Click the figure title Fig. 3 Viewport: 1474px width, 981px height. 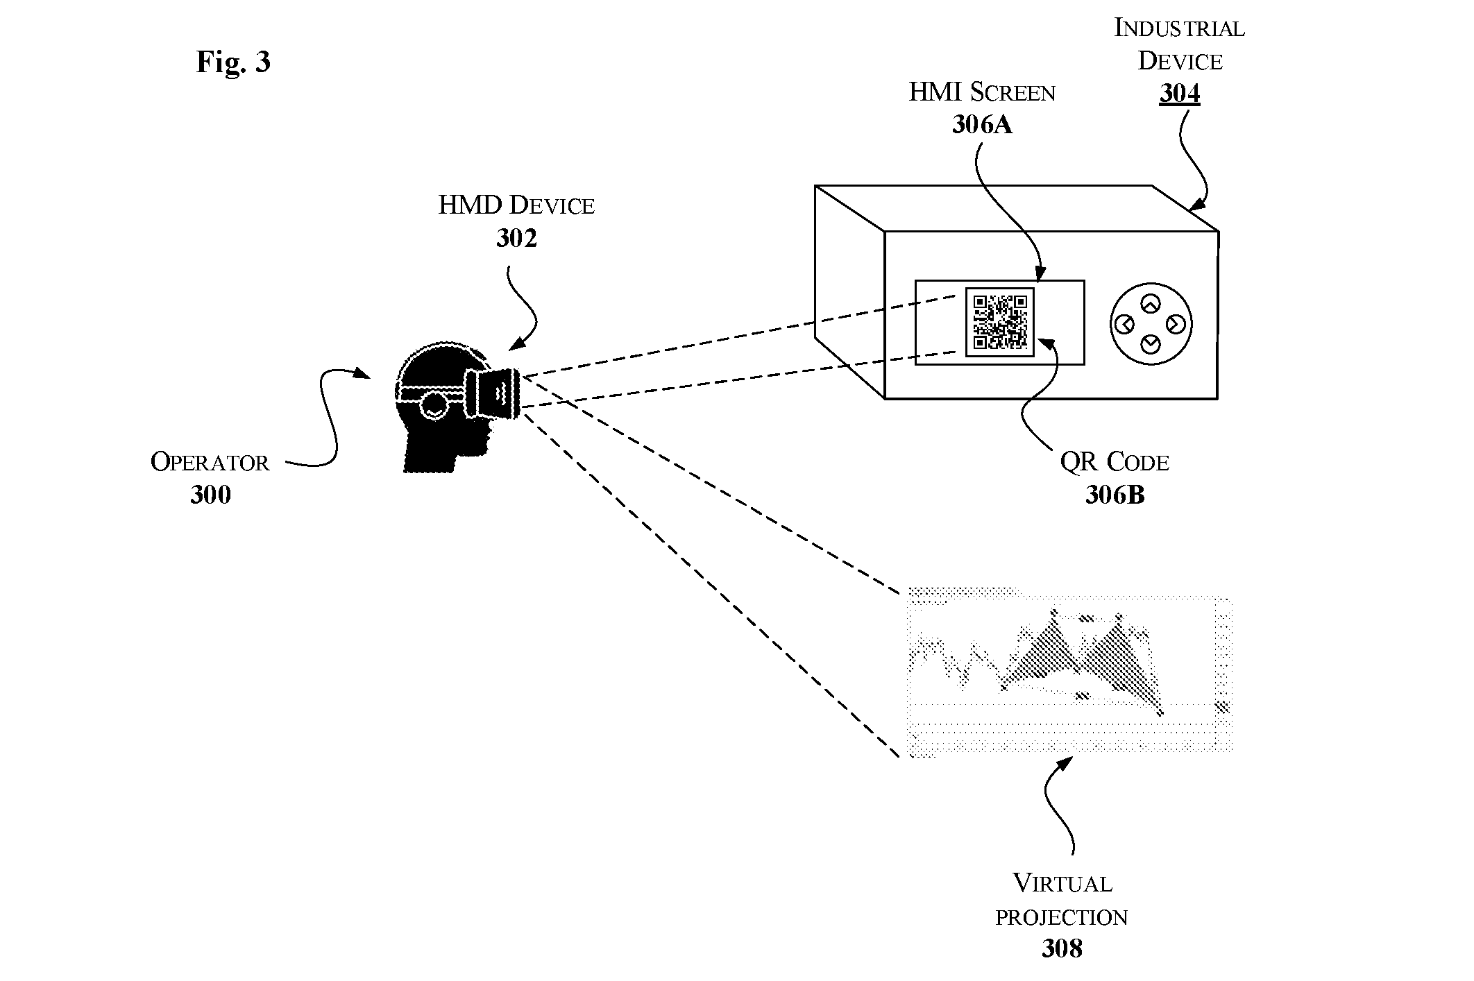[233, 62]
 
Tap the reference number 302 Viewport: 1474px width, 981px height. [516, 238]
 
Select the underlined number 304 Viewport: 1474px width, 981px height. [1179, 93]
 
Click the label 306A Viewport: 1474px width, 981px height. [982, 124]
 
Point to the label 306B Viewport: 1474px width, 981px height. [1115, 495]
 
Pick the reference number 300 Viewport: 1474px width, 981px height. [210, 495]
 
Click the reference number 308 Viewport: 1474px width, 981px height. [1062, 948]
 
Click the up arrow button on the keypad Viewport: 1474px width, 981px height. [1151, 304]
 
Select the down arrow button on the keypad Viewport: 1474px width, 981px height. [1151, 343]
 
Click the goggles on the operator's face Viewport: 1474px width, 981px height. [494, 393]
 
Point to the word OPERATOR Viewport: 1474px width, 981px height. [210, 462]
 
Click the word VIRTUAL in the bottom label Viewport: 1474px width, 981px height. [1062, 883]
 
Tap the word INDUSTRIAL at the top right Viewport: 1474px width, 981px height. [1179, 28]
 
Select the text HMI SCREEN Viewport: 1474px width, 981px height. [982, 92]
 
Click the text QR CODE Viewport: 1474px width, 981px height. [1115, 462]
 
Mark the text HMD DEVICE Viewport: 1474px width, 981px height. [516, 205]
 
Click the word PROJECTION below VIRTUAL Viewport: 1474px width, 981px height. [1062, 917]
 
